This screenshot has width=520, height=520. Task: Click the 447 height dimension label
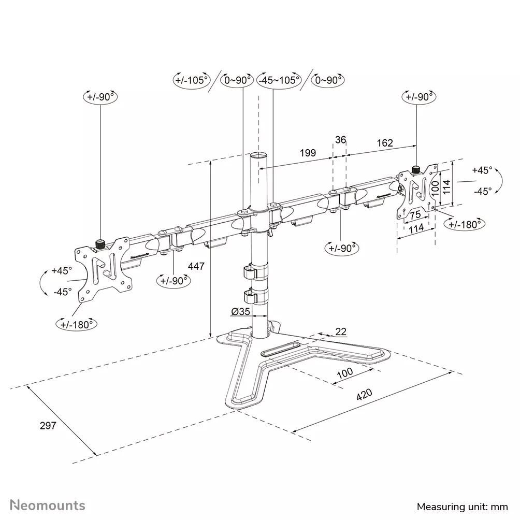(197, 266)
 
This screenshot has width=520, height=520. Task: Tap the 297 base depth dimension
(48, 425)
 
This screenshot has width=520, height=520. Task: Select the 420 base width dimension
(364, 395)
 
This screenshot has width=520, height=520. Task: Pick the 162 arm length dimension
(384, 143)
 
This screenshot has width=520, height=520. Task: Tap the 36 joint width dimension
(340, 139)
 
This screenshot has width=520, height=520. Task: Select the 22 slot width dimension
(341, 331)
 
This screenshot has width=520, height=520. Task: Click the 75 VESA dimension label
(415, 215)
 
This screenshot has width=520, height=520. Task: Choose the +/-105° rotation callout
(191, 80)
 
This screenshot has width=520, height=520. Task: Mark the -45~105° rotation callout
(280, 80)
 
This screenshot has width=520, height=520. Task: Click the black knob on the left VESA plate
(99, 243)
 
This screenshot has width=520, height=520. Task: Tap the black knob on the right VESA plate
(415, 169)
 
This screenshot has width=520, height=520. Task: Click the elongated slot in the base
(280, 350)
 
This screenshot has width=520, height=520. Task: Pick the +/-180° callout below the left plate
(77, 324)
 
